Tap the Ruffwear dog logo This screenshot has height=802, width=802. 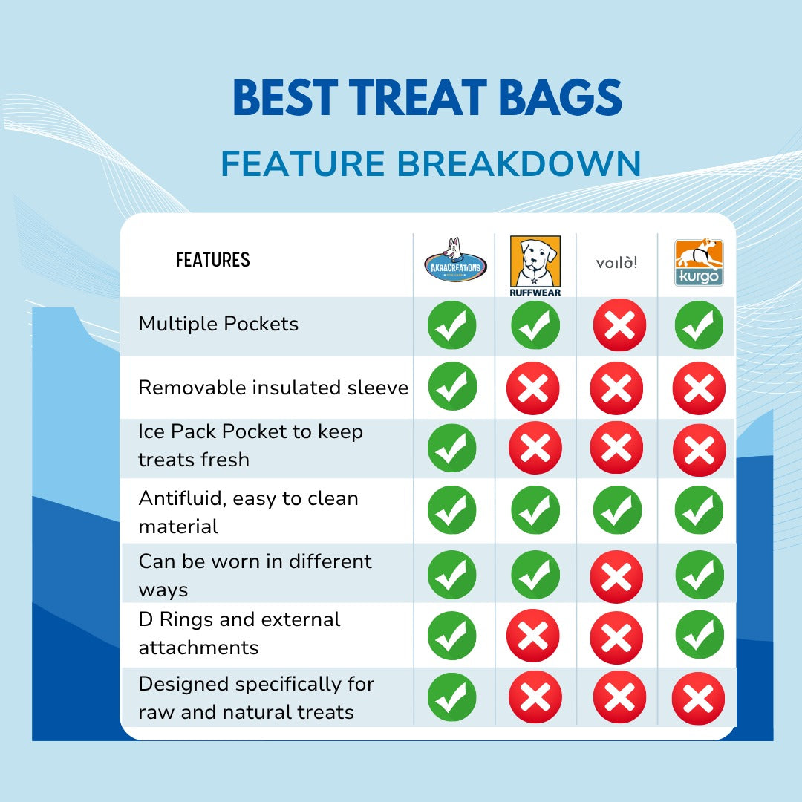[x=535, y=266]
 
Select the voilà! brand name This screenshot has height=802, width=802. [x=617, y=263]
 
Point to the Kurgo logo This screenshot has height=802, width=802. [x=699, y=262]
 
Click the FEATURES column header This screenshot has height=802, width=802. [x=213, y=260]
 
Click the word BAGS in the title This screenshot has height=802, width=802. [x=561, y=97]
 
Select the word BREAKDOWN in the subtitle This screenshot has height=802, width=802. [x=518, y=163]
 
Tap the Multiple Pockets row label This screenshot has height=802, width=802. [x=218, y=324]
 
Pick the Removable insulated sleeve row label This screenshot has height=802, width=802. [x=273, y=388]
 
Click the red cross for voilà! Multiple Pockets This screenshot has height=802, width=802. [x=619, y=325]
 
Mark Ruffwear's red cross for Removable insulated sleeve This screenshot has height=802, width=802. [x=533, y=388]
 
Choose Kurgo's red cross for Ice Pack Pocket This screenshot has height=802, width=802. [x=700, y=450]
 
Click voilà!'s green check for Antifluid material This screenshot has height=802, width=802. [x=617, y=510]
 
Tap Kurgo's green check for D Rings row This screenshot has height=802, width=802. [x=700, y=634]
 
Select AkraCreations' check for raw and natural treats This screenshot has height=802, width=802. [x=451, y=697]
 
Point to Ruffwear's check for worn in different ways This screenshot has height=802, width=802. [x=535, y=574]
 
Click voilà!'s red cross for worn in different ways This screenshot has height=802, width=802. [x=616, y=576]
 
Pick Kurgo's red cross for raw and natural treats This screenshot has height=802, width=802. [x=698, y=698]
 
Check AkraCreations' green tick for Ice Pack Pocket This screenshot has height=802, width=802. [x=451, y=448]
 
